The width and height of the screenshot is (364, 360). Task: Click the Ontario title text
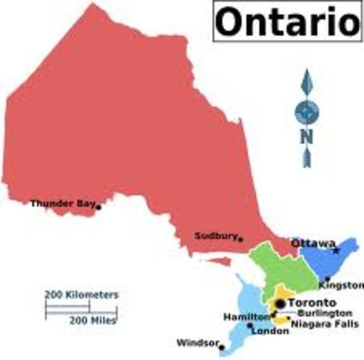287,22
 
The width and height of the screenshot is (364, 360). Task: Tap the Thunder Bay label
61,202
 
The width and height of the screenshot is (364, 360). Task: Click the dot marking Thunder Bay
98,206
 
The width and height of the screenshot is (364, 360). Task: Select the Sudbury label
215,235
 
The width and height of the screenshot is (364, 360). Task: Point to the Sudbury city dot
240,238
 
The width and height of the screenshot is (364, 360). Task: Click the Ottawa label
312,244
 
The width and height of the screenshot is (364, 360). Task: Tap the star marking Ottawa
336,250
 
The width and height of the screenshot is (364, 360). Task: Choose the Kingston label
341,286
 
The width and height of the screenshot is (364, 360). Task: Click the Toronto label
314,302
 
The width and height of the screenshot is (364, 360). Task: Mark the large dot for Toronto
279,303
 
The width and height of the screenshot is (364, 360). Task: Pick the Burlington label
324,312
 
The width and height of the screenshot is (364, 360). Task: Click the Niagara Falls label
324,323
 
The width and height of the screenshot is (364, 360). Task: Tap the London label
270,331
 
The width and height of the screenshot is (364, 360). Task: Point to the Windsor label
197,343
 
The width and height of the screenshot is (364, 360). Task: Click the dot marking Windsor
222,346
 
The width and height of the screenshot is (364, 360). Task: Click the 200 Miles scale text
93,319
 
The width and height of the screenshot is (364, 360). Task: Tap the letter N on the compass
306,136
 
